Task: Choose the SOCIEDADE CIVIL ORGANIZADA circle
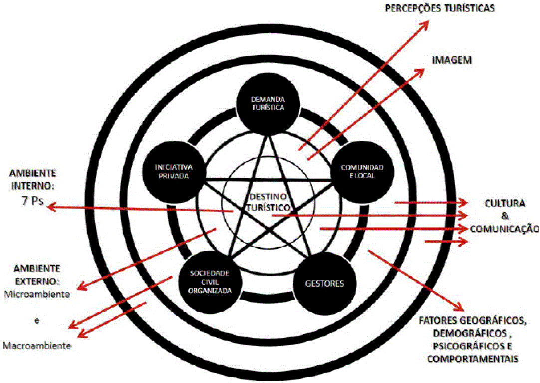tap(210, 281)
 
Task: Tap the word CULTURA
tap(505, 204)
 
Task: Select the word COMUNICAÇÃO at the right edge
tap(505, 229)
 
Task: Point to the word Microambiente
tap(36, 294)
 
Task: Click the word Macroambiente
tap(36, 345)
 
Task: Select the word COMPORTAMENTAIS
tap(472, 358)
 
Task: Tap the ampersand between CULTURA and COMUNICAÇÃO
tap(505, 216)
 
